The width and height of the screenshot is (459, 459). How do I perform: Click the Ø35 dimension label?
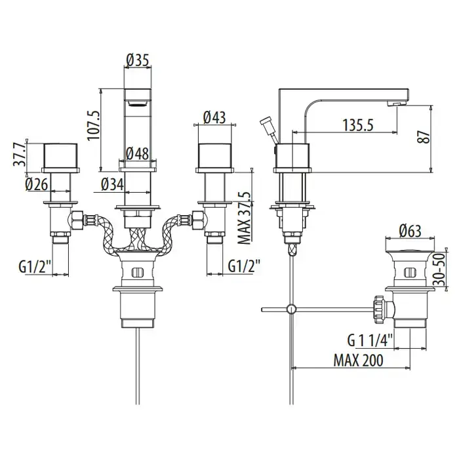pyautogui.click(x=138, y=60)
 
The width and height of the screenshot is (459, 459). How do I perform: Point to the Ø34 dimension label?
pyautogui.click(x=112, y=184)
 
